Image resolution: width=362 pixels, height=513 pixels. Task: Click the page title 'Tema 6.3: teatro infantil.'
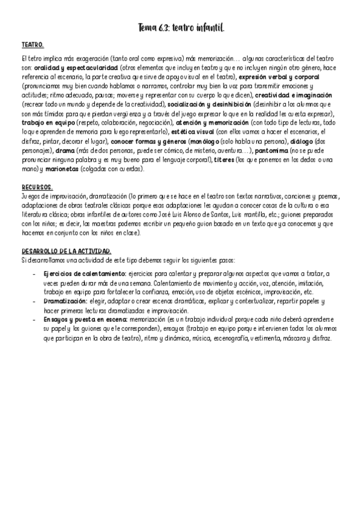[181, 28]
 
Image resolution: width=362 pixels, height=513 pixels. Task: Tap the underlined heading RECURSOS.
[37, 188]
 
